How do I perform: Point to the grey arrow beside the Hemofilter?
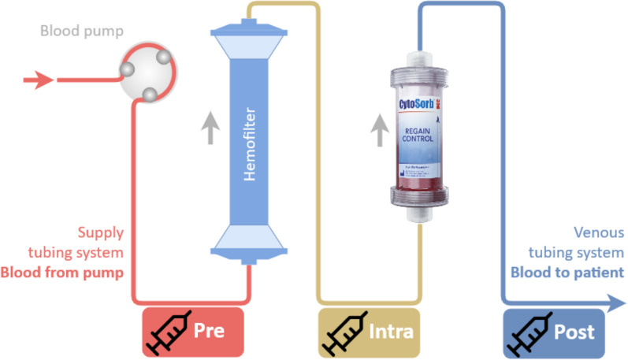pyautogui.click(x=210, y=128)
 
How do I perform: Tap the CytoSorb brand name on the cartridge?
pyautogui.click(x=418, y=106)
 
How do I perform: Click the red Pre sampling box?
pyautogui.click(x=192, y=332)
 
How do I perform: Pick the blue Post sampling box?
pyautogui.click(x=554, y=332)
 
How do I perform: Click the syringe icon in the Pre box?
pyautogui.click(x=167, y=332)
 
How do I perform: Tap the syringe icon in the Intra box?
pyautogui.click(x=340, y=332)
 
